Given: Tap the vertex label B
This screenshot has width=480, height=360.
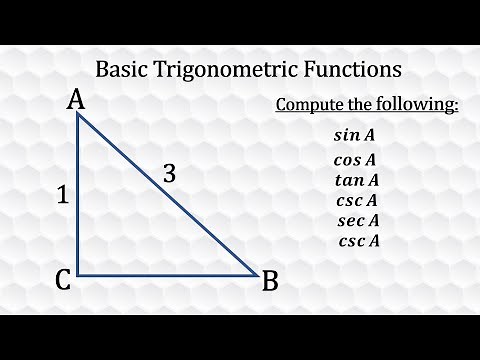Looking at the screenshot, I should (x=269, y=282).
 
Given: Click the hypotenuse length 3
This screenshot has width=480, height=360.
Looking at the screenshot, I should (x=169, y=174).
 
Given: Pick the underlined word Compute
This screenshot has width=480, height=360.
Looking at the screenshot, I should (x=309, y=105).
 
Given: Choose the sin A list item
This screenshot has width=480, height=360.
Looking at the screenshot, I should (x=356, y=135).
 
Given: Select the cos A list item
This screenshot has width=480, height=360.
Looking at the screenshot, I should (x=355, y=159).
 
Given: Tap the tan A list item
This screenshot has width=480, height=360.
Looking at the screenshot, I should (x=357, y=180).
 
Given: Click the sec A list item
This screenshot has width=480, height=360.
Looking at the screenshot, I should (x=357, y=220).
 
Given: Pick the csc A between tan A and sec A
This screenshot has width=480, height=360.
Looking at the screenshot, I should (x=357, y=200).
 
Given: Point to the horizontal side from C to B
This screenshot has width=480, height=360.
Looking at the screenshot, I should (x=165, y=275).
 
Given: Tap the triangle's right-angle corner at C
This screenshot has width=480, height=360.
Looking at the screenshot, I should (x=78, y=275).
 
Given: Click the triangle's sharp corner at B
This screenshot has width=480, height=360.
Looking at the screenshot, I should (x=255, y=274).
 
